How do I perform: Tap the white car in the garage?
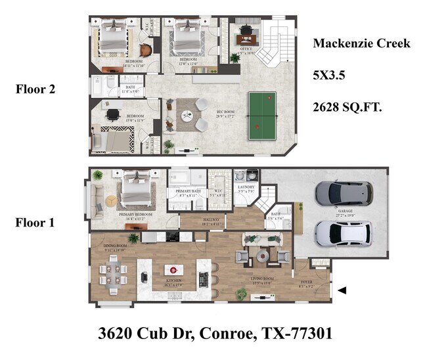343,232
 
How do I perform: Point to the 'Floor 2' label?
34,89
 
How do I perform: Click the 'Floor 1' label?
34,223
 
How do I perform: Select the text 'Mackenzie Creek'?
361,44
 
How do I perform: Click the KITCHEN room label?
173,281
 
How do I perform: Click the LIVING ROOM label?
261,279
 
